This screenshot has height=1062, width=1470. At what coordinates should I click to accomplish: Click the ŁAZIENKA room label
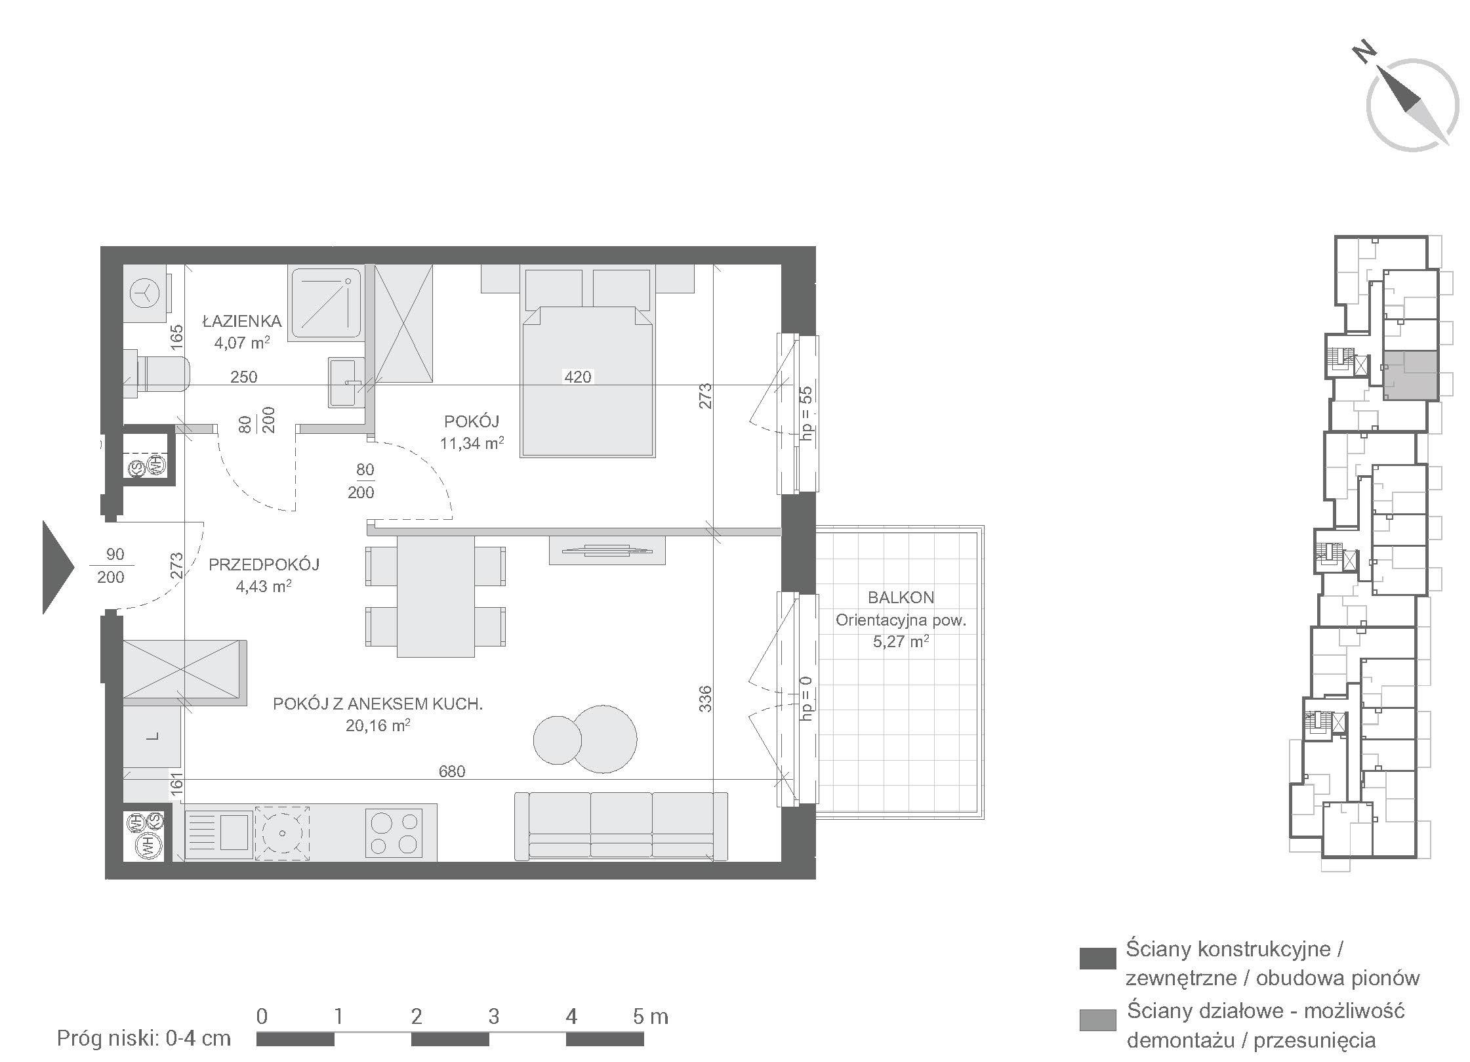(x=242, y=321)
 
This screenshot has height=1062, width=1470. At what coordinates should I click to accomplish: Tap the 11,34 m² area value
(x=472, y=442)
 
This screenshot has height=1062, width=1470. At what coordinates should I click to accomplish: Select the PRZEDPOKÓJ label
(x=264, y=564)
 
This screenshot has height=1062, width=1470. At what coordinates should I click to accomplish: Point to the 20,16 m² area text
(x=378, y=725)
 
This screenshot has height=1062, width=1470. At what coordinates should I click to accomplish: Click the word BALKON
(x=901, y=597)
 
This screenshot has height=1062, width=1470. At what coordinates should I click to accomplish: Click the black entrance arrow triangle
(x=58, y=567)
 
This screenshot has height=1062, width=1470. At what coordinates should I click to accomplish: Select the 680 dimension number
(x=452, y=771)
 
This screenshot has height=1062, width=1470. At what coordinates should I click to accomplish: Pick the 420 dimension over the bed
(x=578, y=377)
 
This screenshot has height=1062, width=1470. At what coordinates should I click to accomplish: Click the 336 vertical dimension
(x=705, y=699)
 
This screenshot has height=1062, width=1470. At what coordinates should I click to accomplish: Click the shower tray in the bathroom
(x=325, y=303)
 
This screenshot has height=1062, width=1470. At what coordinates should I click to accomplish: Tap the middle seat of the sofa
(x=621, y=825)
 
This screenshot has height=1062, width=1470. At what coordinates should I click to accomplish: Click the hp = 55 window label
(x=806, y=412)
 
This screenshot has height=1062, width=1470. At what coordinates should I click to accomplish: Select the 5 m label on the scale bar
(x=650, y=1017)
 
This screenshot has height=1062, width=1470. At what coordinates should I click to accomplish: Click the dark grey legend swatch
(x=1097, y=958)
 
